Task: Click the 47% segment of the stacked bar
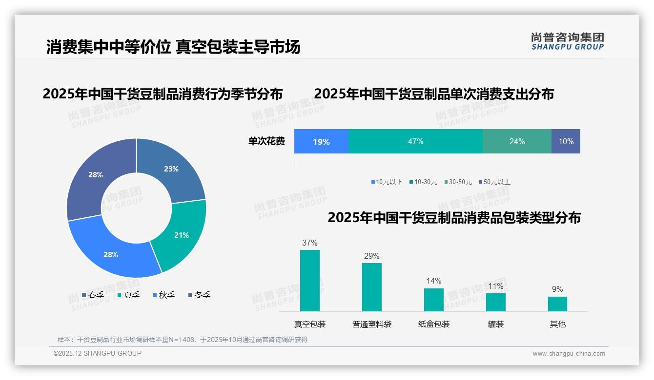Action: (x=415, y=142)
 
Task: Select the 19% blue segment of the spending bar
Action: (x=321, y=142)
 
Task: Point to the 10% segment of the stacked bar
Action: (x=566, y=142)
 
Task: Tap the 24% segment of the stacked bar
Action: (x=517, y=142)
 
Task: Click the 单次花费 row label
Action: (x=266, y=142)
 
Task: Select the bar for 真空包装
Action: (x=309, y=281)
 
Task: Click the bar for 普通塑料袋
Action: (x=371, y=287)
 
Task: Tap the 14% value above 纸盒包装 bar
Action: (x=433, y=281)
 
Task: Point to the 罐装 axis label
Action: (x=495, y=324)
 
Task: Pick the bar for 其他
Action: (x=557, y=304)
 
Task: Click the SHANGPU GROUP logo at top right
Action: (x=567, y=41)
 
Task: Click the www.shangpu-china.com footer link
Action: (x=569, y=354)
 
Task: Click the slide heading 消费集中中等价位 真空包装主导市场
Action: (x=173, y=47)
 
